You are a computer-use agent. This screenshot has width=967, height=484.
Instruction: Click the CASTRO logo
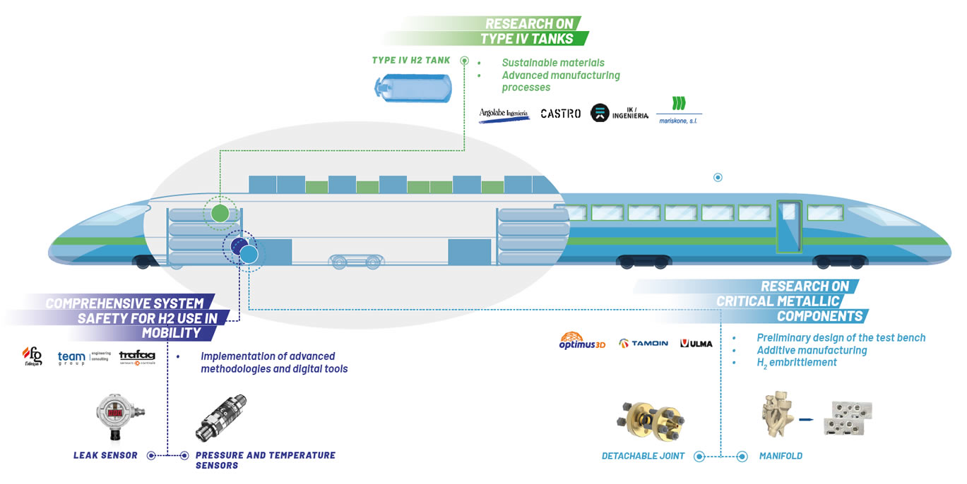click(x=560, y=113)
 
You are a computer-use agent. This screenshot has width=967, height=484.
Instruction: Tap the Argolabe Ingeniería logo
click(x=504, y=114)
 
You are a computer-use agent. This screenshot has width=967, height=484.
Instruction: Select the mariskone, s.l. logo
click(x=679, y=110)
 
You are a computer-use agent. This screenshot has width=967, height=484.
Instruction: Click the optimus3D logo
click(x=582, y=341)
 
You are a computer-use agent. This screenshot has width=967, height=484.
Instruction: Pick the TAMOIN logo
click(x=643, y=344)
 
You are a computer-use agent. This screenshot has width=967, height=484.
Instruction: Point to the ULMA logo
click(x=696, y=344)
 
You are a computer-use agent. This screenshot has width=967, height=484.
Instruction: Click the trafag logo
click(x=137, y=358)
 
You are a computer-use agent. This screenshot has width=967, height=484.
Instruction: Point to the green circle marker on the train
click(x=220, y=212)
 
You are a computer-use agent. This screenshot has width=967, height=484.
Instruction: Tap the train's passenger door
click(x=789, y=225)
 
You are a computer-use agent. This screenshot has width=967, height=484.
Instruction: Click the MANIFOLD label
click(x=781, y=456)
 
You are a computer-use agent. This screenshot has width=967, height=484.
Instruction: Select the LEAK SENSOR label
click(x=105, y=455)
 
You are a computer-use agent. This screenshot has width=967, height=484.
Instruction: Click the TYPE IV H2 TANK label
click(x=410, y=61)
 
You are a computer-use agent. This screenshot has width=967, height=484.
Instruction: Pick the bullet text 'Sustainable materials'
click(x=553, y=63)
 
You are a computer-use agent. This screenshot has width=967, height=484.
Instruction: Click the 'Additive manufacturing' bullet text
click(x=812, y=350)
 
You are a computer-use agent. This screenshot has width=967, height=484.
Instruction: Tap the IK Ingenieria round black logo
click(x=600, y=113)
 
